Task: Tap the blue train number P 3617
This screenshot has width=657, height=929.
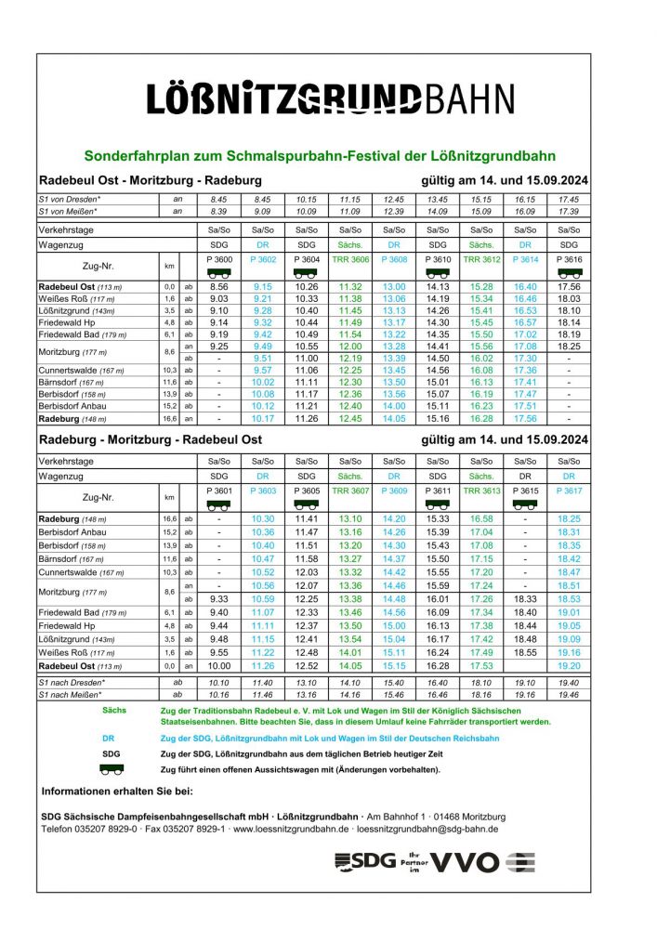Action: [x=569, y=490]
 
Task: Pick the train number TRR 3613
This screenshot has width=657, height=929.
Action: [x=481, y=490]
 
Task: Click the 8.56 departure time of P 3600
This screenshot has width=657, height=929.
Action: [x=219, y=287]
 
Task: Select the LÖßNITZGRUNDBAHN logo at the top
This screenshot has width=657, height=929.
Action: [x=329, y=98]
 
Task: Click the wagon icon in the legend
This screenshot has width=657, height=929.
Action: [x=112, y=769]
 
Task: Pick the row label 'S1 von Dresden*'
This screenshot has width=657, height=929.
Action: [x=70, y=200]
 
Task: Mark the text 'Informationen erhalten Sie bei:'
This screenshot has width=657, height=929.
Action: [x=116, y=792]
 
